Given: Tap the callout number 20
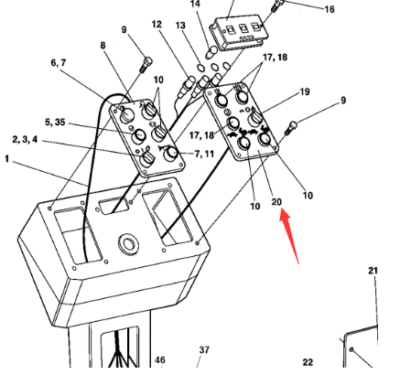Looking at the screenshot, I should click(277, 202).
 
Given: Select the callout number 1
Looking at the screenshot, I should click(7, 159).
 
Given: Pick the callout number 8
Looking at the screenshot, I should click(103, 45).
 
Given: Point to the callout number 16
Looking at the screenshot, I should click(329, 9).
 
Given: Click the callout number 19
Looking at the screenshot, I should click(304, 92).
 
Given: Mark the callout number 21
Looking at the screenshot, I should click(373, 271).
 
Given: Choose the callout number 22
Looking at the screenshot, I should click(308, 363).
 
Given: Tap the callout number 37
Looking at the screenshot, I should click(204, 350).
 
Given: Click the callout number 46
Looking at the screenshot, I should click(160, 361).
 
